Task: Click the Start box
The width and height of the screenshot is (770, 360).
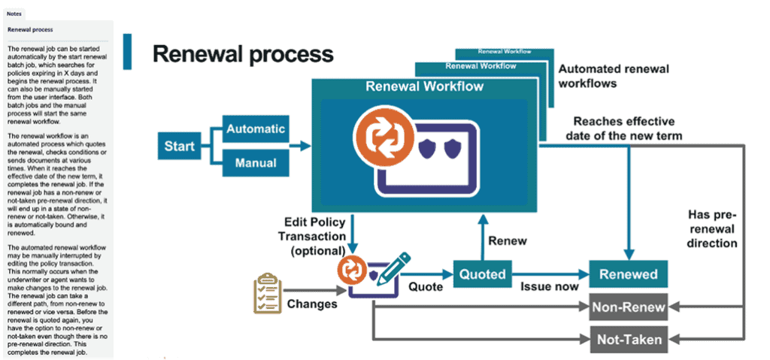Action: coord(180,145)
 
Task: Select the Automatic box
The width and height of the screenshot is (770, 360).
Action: coord(255,129)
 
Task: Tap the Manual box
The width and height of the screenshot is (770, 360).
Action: coord(255,162)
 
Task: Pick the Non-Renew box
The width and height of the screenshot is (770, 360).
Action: coord(629,307)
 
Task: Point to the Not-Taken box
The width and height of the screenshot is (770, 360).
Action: coord(629,340)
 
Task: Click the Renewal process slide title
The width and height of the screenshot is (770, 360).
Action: coord(242,53)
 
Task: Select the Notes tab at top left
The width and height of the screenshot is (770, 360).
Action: coord(14,14)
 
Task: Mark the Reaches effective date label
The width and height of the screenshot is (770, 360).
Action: coord(624,128)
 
